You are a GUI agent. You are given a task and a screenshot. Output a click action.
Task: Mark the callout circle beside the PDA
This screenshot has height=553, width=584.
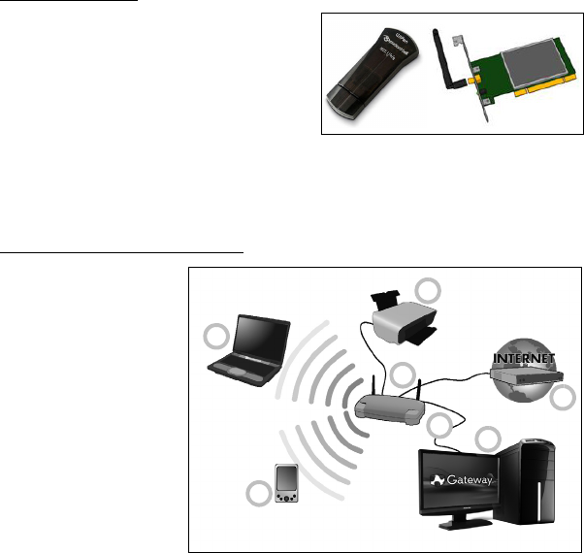pos(257,493)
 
